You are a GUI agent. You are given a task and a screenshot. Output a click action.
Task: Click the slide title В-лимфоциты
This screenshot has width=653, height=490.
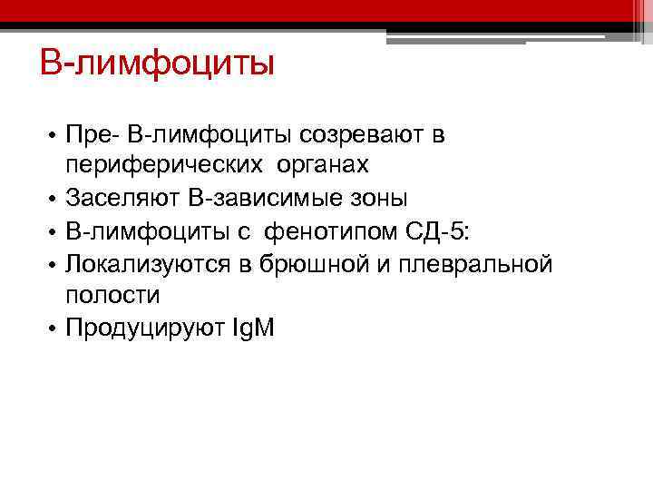tap(156, 64)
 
